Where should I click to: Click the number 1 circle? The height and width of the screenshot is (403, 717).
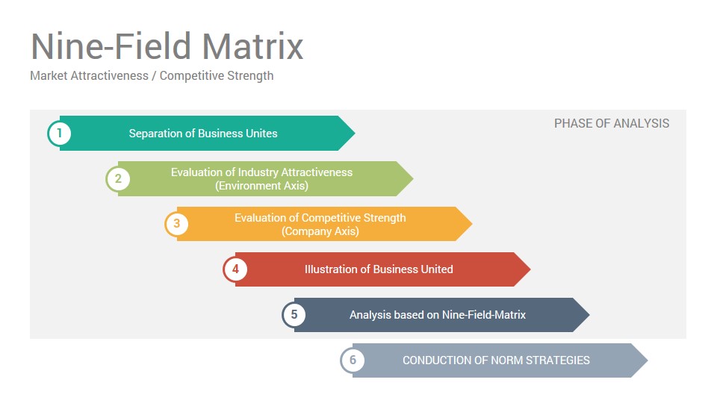click(x=60, y=134)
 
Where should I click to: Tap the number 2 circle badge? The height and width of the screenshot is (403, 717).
click(x=118, y=178)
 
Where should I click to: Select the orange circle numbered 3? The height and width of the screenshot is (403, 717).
click(x=177, y=224)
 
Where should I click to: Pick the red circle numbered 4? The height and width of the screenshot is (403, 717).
click(x=235, y=269)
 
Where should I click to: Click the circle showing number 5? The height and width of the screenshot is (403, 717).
click(x=294, y=315)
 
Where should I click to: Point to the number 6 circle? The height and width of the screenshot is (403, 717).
click(x=353, y=360)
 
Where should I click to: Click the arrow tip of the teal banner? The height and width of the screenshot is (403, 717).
click(x=354, y=133)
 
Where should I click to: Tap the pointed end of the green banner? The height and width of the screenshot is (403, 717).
click(x=413, y=178)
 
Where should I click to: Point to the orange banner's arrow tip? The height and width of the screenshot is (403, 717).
click(x=471, y=224)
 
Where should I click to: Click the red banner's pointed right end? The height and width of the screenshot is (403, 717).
click(x=530, y=269)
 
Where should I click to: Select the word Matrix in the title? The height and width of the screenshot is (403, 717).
click(x=253, y=46)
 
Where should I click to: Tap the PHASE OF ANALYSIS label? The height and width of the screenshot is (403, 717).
click(x=612, y=123)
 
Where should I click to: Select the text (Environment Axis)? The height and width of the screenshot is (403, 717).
click(x=261, y=186)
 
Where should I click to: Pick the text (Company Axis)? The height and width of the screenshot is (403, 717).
click(x=320, y=231)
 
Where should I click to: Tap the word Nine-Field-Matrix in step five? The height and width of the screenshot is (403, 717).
click(x=484, y=315)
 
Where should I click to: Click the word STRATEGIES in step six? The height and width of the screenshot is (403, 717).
click(x=557, y=360)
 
